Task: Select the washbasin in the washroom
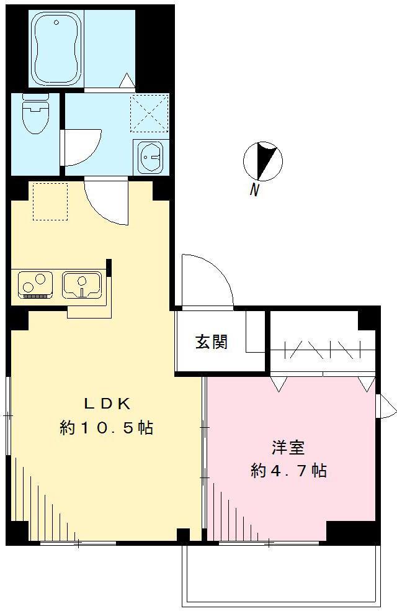coord(149,158)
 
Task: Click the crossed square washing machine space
coord(149,112)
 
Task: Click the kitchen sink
coord(82,284)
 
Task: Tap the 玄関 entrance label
coord(212,342)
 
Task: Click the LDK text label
coord(107,403)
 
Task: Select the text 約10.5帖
coord(107,428)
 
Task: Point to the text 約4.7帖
coord(288,471)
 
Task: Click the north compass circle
coord(262,160)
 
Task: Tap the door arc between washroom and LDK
coord(105,202)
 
